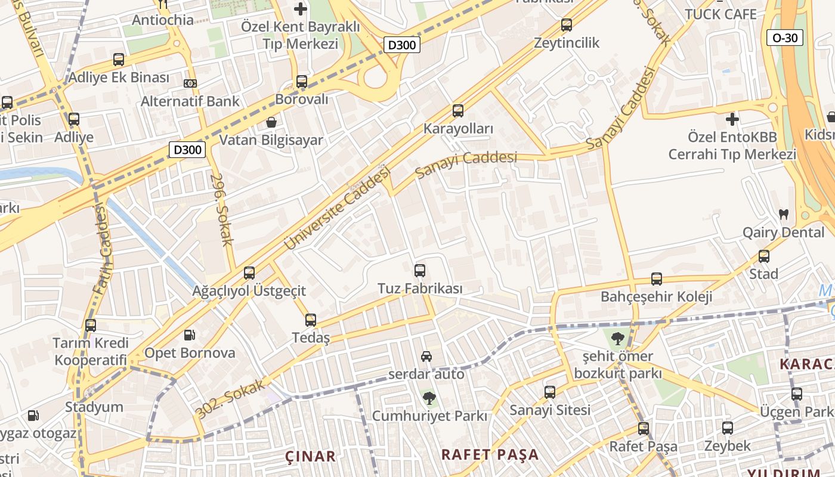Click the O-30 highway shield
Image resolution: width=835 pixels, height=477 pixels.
pos(785,38)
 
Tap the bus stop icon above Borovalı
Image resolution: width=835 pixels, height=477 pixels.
pos(302,82)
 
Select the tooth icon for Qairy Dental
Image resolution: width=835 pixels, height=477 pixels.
pos(784,214)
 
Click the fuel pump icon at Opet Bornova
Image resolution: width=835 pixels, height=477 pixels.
pos(189,335)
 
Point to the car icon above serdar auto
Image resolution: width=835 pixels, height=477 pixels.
pos(426,357)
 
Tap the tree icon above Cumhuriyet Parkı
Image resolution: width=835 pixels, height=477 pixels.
pos(428,397)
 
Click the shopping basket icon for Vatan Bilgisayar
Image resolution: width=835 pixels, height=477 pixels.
pos(271,122)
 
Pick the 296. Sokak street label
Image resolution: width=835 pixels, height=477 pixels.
pos(221,210)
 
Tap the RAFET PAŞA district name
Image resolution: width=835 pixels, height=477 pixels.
pos(490,454)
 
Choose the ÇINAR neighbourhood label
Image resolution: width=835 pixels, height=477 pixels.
pos(310,457)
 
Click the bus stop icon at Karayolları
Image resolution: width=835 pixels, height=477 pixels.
pos(458,111)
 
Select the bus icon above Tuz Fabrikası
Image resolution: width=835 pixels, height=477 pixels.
pos(420,271)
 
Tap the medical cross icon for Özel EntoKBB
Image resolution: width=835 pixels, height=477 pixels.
pos(732,119)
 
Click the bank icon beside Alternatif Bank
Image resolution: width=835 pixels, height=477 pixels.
pos(190,83)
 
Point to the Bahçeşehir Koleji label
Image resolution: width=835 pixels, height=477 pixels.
pos(656,296)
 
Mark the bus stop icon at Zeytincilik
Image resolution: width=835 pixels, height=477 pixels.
pos(567,25)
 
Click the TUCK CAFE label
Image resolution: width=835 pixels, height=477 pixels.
pos(720,14)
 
